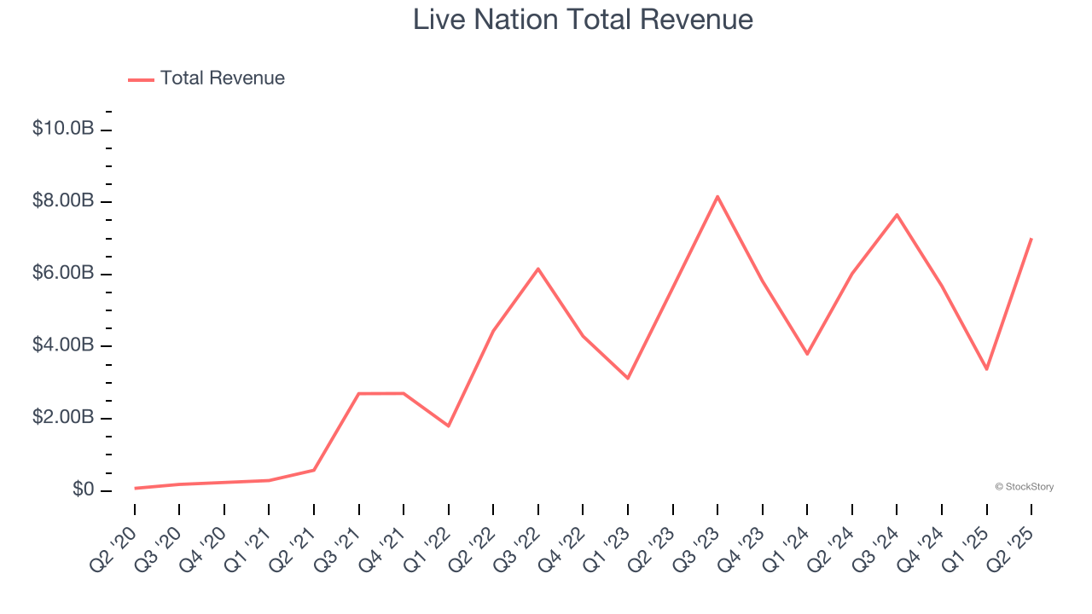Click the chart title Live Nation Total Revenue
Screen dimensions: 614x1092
[583, 20]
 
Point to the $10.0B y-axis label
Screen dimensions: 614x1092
[63, 129]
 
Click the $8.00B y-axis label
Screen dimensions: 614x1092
[63, 201]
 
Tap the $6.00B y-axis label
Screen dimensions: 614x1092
[63, 274]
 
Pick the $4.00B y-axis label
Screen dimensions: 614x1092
[63, 345]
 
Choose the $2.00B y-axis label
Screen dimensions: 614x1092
[63, 418]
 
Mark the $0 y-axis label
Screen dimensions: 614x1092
[84, 490]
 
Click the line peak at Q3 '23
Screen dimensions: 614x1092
[717, 196]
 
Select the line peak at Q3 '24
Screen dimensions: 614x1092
[897, 214]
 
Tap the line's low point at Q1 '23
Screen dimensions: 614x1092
[628, 378]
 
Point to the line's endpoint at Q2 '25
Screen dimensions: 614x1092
[1031, 239]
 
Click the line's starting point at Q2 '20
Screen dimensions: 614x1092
[135, 488]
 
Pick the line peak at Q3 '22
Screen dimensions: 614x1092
[538, 269]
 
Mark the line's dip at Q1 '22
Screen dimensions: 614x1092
[449, 426]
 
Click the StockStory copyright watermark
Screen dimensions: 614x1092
[1024, 487]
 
